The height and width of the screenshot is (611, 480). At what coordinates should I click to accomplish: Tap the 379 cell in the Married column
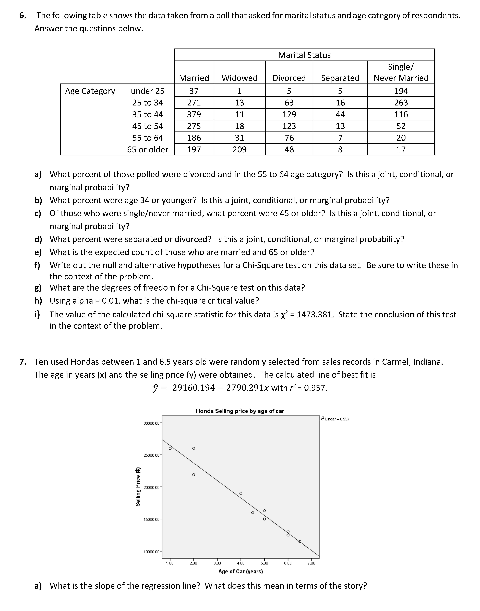click(194, 114)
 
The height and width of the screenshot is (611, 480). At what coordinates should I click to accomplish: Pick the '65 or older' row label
click(148, 150)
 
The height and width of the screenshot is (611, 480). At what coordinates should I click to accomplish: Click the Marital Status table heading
click(304, 55)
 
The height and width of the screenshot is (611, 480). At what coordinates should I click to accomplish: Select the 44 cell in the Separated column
click(340, 114)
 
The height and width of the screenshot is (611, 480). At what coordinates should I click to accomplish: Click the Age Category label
click(90, 91)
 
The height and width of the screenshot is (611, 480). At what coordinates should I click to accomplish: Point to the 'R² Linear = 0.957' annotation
click(334, 419)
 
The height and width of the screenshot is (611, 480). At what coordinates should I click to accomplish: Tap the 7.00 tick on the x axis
click(311, 563)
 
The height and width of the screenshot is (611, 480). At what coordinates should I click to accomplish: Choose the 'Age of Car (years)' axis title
click(241, 571)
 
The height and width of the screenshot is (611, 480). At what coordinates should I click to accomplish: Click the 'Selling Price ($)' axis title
click(138, 486)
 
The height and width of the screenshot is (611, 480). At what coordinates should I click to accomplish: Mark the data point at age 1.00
click(170, 448)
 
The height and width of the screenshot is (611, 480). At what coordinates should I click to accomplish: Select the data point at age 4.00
click(241, 493)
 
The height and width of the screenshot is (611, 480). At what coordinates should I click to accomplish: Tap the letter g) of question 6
click(38, 288)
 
